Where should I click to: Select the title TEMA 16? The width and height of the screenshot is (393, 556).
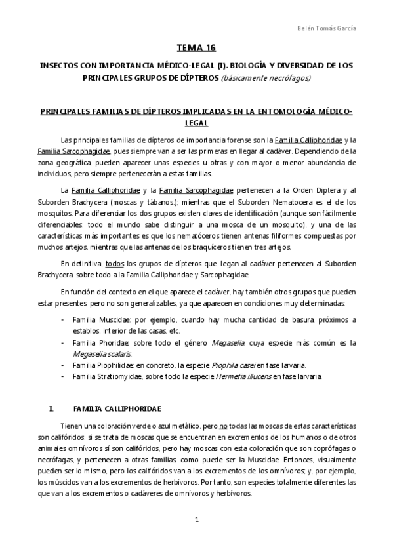click(196, 48)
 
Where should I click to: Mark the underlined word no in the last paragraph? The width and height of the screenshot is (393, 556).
click(224, 425)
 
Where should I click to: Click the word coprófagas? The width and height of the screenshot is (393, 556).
click(323, 448)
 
